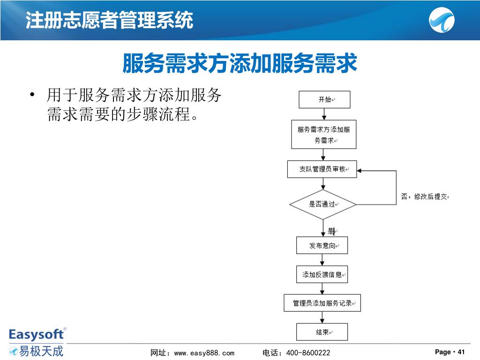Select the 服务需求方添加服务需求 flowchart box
pyautogui.click(x=323, y=135)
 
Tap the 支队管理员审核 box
pyautogui.click(x=322, y=169)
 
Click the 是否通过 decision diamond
pyautogui.click(x=322, y=204)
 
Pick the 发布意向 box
pyautogui.click(x=322, y=246)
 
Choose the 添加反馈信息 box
pyautogui.click(x=322, y=275)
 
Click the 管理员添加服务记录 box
pyautogui.click(x=322, y=303)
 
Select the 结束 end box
pyautogui.click(x=322, y=332)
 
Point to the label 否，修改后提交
pyautogui.click(x=424, y=197)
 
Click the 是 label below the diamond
pyautogui.click(x=330, y=230)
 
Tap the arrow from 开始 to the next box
pyautogui.click(x=323, y=114)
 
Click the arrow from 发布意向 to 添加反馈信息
pyautogui.click(x=322, y=260)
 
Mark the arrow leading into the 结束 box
pyautogui.click(x=322, y=318)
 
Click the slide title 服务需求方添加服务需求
pyautogui.click(x=240, y=64)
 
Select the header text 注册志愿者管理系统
pyautogui.click(x=109, y=21)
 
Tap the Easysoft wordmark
pyautogui.click(x=36, y=334)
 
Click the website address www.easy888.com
pyautogui.click(x=204, y=352)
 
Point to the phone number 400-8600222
pyautogui.click(x=308, y=352)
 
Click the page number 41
pyautogui.click(x=461, y=352)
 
